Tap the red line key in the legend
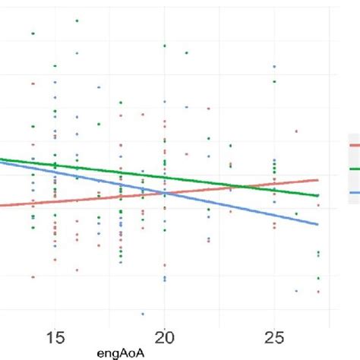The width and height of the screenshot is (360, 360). (354, 144)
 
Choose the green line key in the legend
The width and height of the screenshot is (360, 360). (354, 169)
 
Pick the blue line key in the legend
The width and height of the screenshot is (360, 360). (354, 193)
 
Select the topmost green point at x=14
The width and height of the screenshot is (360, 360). (33, 33)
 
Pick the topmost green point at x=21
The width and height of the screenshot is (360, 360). (187, 52)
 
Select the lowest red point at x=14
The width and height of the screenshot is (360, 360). (33, 276)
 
